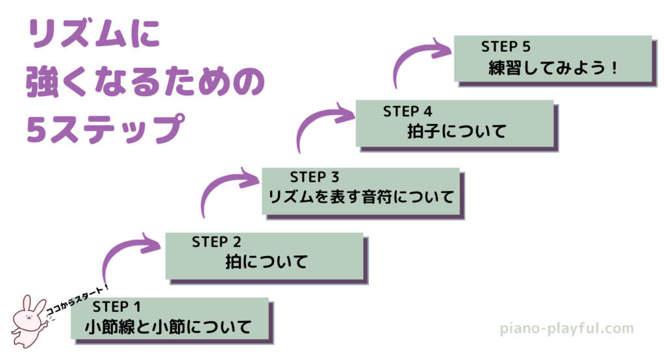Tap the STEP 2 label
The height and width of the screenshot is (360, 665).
(x=217, y=242)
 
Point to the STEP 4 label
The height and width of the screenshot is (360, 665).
(x=408, y=110)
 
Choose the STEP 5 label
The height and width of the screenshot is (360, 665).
(x=506, y=46)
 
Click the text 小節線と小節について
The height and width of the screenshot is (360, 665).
(x=168, y=327)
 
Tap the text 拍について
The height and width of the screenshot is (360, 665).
(x=266, y=262)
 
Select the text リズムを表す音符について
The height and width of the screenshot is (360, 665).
(x=361, y=197)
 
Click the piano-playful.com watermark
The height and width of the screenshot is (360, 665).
(x=566, y=328)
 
